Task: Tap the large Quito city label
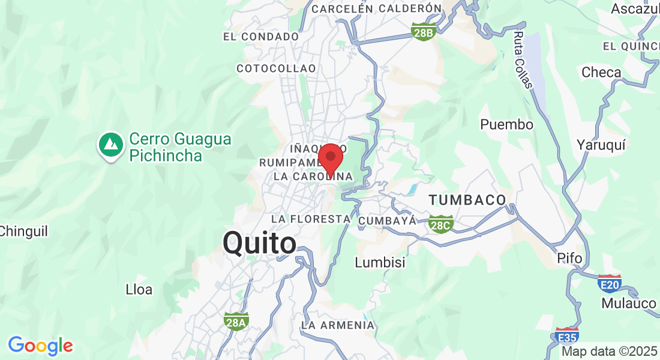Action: click(x=259, y=244)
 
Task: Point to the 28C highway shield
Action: click(x=441, y=224)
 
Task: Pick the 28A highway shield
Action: click(x=236, y=322)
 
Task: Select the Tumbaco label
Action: click(x=467, y=200)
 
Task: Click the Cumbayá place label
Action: click(x=387, y=221)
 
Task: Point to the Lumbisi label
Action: click(x=380, y=262)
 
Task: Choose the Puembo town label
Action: click(x=506, y=125)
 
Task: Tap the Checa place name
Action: click(x=601, y=73)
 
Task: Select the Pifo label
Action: click(x=569, y=258)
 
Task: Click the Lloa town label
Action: click(x=139, y=290)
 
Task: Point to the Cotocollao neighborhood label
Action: click(x=276, y=68)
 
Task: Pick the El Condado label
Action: click(x=260, y=37)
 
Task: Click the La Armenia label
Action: click(x=338, y=325)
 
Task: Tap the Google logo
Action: click(x=40, y=346)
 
